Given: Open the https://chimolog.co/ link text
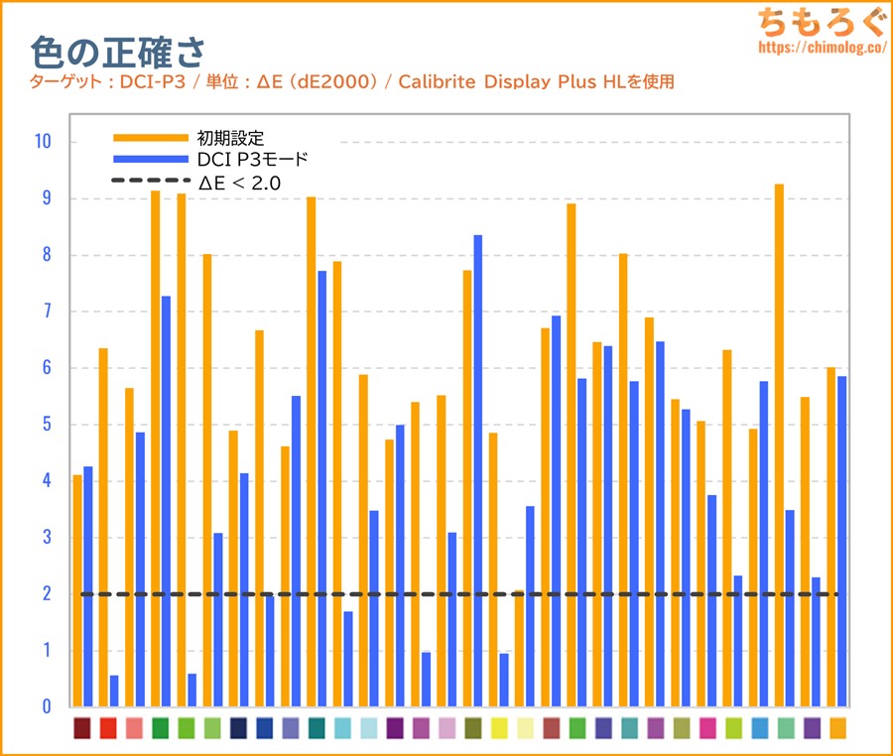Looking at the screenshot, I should (x=822, y=47).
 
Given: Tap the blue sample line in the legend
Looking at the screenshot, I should (x=150, y=159).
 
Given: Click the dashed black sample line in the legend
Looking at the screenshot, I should (x=150, y=181).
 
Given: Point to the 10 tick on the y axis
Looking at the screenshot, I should (x=42, y=142).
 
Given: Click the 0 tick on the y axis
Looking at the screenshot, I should (x=46, y=707).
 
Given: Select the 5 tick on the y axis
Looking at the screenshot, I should (x=46, y=425).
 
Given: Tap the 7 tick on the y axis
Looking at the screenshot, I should (x=46, y=312).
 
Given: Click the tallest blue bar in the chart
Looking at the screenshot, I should (x=478, y=470).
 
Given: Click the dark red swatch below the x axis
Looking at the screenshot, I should (x=82, y=728).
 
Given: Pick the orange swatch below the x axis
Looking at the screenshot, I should (x=837, y=728).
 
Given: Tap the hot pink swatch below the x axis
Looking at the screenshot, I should (x=707, y=728).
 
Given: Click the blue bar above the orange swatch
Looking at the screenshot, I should (x=841, y=541).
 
